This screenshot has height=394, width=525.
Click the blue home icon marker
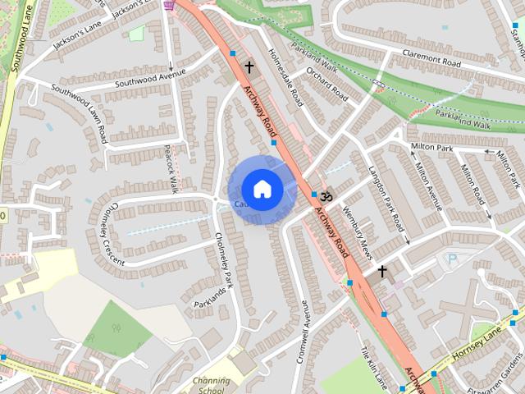[x=262, y=189]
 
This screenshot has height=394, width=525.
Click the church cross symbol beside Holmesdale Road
[x=249, y=66]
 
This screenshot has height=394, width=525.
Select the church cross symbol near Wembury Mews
[x=381, y=271]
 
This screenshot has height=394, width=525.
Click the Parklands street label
[x=210, y=293]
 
